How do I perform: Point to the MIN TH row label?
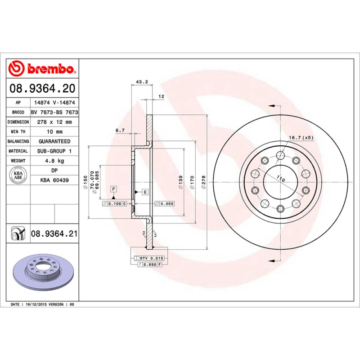(x=18, y=132)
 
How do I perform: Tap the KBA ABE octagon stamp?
(x=18, y=175)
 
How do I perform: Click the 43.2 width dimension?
(x=142, y=82)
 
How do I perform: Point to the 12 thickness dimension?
(x=161, y=97)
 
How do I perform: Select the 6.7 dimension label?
(x=120, y=130)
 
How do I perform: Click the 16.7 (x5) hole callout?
(x=301, y=137)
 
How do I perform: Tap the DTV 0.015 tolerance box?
(x=150, y=258)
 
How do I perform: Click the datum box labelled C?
(x=145, y=192)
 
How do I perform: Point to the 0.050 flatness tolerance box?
(x=164, y=204)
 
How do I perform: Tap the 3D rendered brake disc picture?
(x=43, y=272)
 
